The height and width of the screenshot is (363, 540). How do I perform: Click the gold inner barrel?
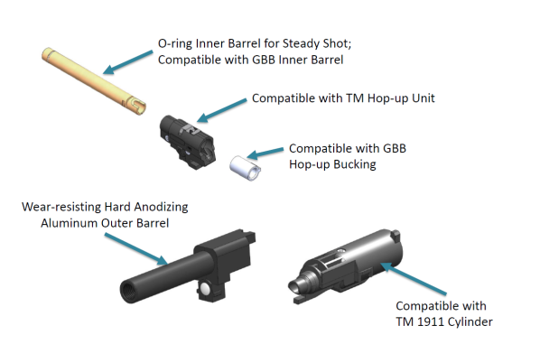click(94, 81)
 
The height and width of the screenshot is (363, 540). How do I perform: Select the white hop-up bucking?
click(245, 168)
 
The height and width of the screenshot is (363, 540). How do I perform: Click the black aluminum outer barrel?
click(188, 267)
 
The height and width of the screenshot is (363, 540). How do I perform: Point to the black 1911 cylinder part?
click(345, 266)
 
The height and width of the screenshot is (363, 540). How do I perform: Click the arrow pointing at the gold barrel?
click(127, 62)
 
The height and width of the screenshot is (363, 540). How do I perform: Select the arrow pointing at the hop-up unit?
click(222, 110)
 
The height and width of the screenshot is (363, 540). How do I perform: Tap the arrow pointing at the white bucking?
click(265, 154)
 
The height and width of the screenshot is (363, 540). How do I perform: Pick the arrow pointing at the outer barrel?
click(136, 249)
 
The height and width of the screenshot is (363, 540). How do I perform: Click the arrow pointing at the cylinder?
click(414, 278)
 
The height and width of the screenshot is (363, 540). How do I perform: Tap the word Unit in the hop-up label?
click(424, 98)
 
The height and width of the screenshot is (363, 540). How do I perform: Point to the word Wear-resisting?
click(61, 207)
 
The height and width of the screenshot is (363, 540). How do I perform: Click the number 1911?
click(429, 321)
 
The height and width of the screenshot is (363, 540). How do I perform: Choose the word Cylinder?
click(469, 322)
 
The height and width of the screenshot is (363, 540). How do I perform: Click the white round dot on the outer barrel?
click(206, 288)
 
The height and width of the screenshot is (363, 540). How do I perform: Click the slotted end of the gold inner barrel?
click(137, 105)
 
